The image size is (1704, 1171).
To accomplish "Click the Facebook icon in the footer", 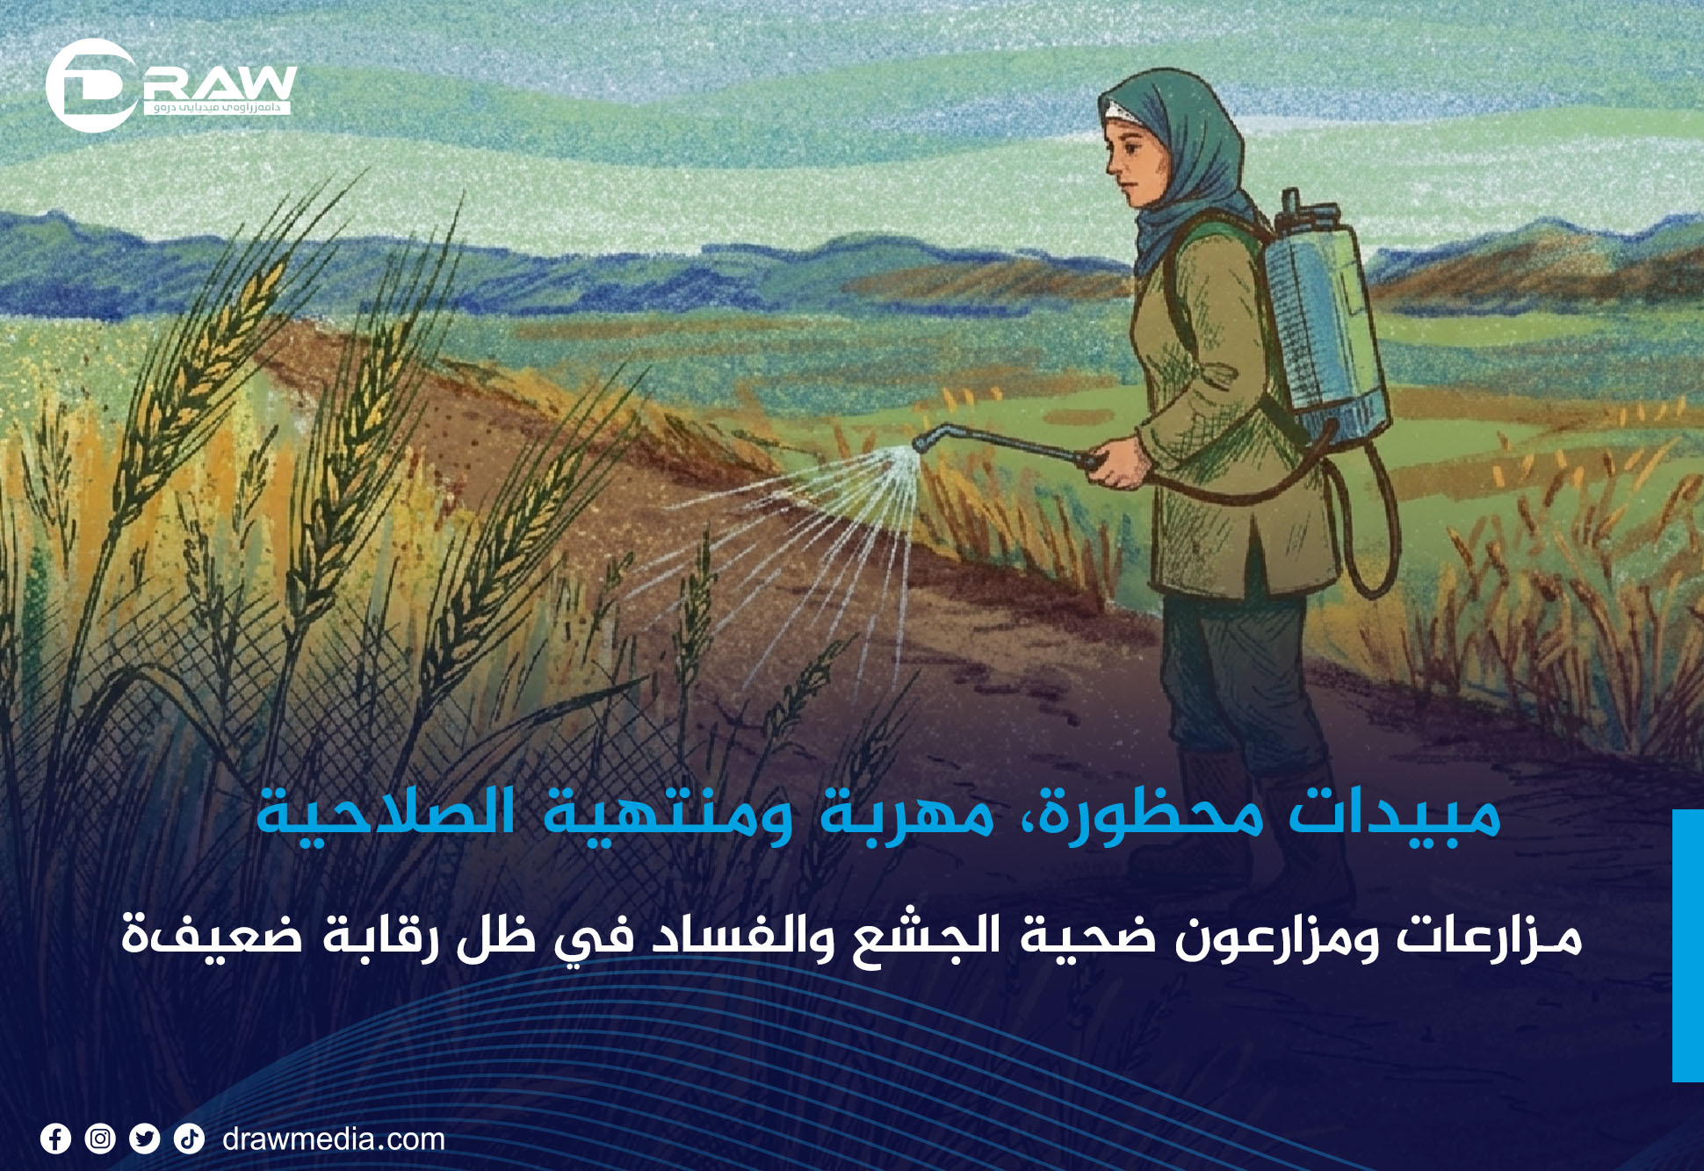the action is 55,1139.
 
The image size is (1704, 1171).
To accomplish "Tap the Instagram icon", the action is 100,1139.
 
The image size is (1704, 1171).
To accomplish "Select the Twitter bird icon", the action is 144,1139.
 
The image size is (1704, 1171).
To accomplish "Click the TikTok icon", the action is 189,1139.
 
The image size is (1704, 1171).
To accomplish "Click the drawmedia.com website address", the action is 334,1139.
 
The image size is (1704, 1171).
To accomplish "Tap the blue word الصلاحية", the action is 386,813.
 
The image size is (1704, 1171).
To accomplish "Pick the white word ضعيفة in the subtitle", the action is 212,936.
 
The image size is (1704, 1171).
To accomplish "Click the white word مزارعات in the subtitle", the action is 1490,936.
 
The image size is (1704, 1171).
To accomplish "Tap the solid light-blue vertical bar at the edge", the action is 1688,945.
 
